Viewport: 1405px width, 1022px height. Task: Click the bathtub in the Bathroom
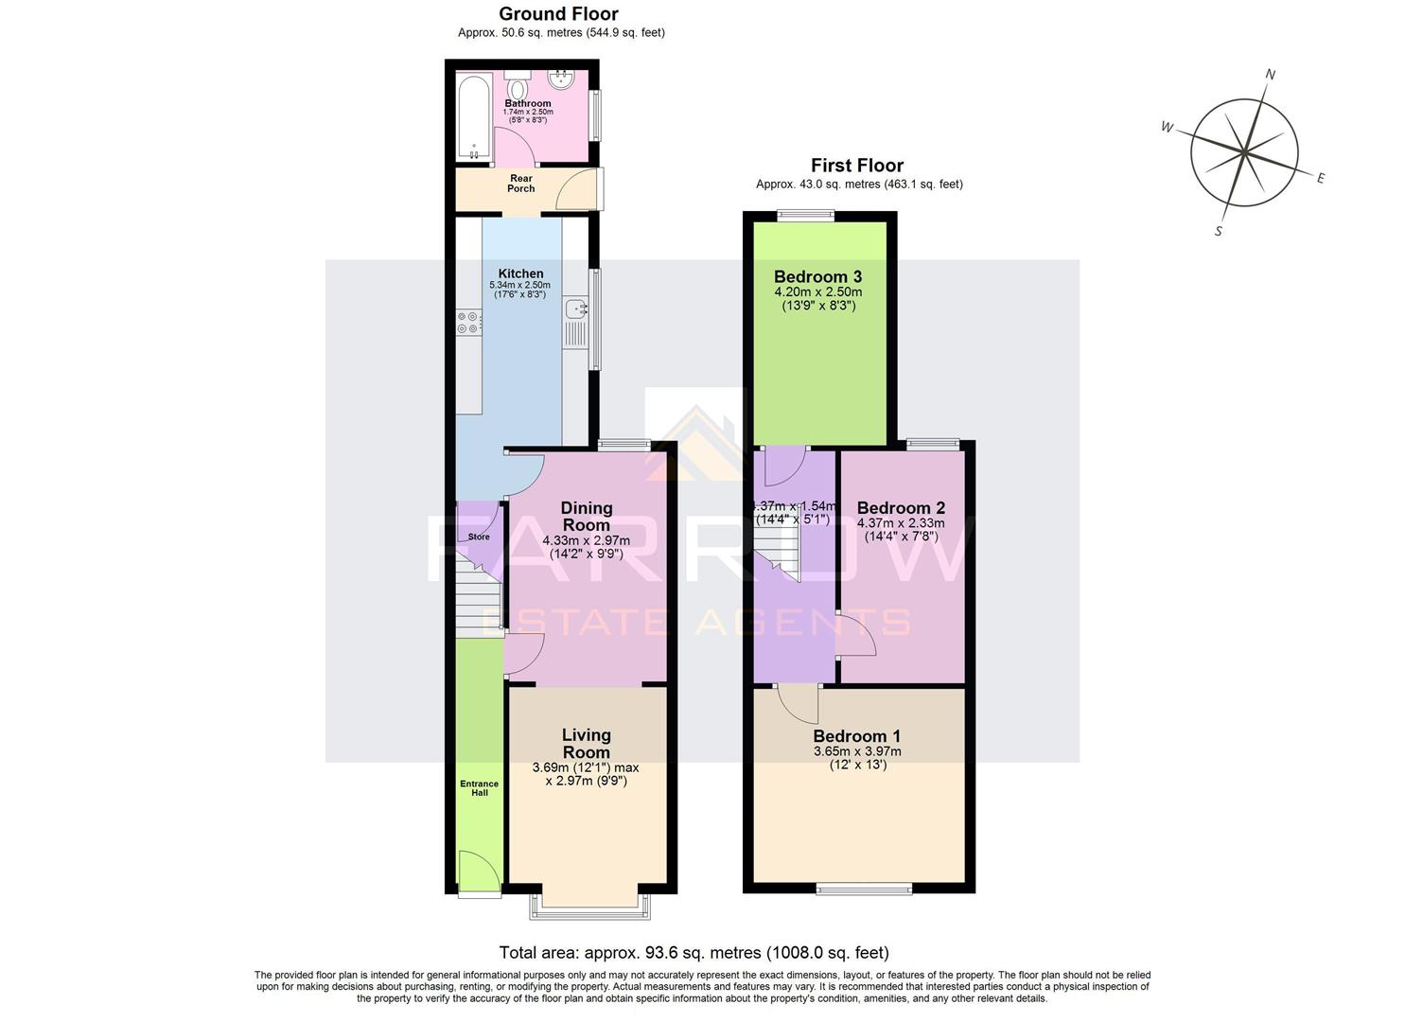[x=473, y=118]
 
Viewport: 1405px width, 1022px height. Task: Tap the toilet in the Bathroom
[x=518, y=84]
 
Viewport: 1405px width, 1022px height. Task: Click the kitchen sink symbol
[x=575, y=308]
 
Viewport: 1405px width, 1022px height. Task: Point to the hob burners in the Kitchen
[x=467, y=323]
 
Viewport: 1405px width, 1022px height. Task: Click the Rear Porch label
[x=520, y=184]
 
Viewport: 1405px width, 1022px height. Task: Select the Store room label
[x=479, y=537]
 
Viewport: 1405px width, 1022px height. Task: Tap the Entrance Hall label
[x=480, y=787]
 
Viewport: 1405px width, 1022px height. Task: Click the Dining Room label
[x=587, y=517]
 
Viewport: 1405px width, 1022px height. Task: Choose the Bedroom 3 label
[x=817, y=276]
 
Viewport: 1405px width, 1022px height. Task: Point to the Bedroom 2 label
[x=901, y=507]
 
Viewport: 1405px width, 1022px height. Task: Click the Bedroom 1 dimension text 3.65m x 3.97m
[x=857, y=751]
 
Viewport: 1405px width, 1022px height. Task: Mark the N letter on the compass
[x=1271, y=75]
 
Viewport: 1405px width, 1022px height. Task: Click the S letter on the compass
[x=1219, y=231]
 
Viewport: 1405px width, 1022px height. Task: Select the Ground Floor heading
[x=558, y=14]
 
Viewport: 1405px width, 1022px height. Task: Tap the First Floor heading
[x=857, y=166]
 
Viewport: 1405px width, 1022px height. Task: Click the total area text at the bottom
[x=694, y=953]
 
